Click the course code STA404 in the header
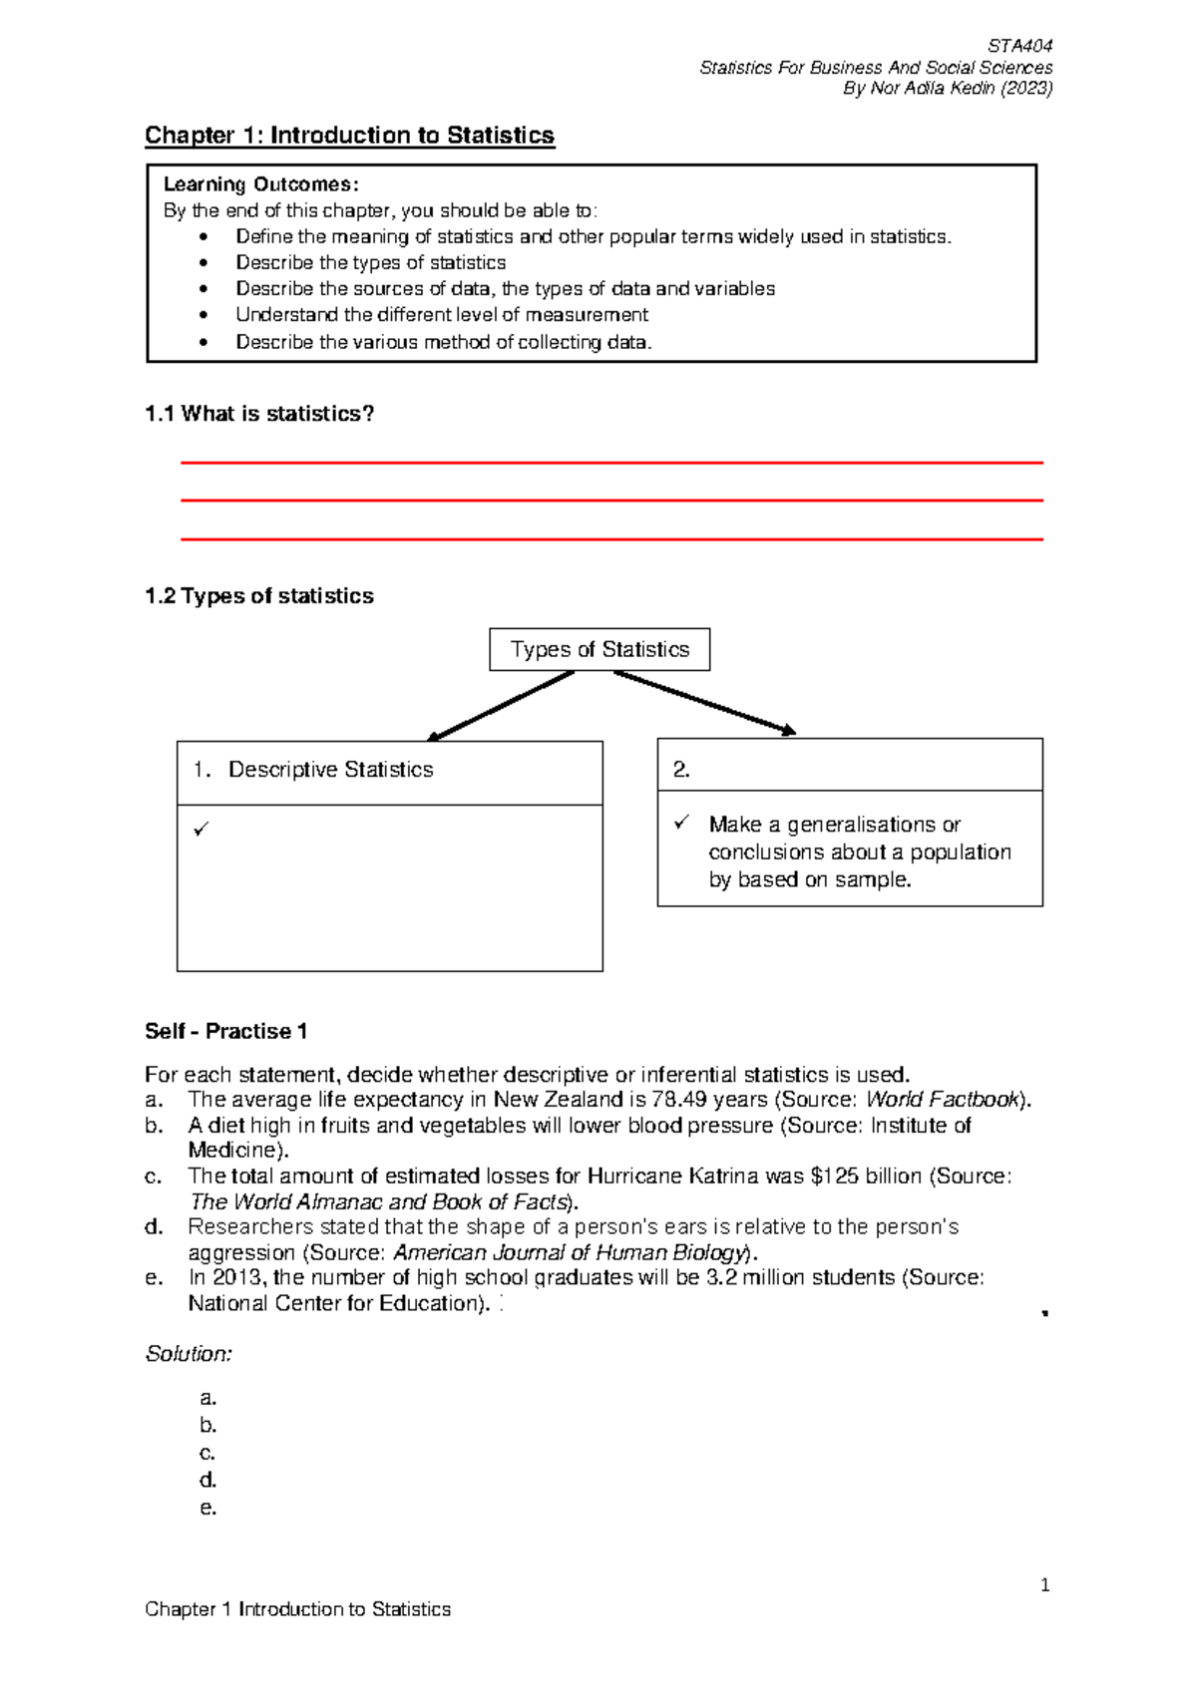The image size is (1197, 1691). pyautogui.click(x=1019, y=46)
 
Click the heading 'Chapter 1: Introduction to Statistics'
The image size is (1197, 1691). pyautogui.click(x=349, y=136)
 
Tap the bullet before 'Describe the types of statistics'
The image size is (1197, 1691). pyautogui.click(x=204, y=263)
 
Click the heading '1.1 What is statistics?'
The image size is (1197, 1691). pyautogui.click(x=259, y=414)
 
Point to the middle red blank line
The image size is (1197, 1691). pyautogui.click(x=611, y=501)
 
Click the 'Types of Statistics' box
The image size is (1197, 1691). pyautogui.click(x=599, y=649)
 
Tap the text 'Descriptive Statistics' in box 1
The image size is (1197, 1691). pyautogui.click(x=330, y=770)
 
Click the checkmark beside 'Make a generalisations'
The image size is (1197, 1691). pyautogui.click(x=681, y=823)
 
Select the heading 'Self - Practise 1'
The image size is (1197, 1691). pyautogui.click(x=225, y=1031)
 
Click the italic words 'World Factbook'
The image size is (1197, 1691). pyautogui.click(x=944, y=1100)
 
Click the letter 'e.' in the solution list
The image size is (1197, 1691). pyautogui.click(x=207, y=1508)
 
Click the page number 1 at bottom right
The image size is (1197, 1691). pyautogui.click(x=1044, y=1585)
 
